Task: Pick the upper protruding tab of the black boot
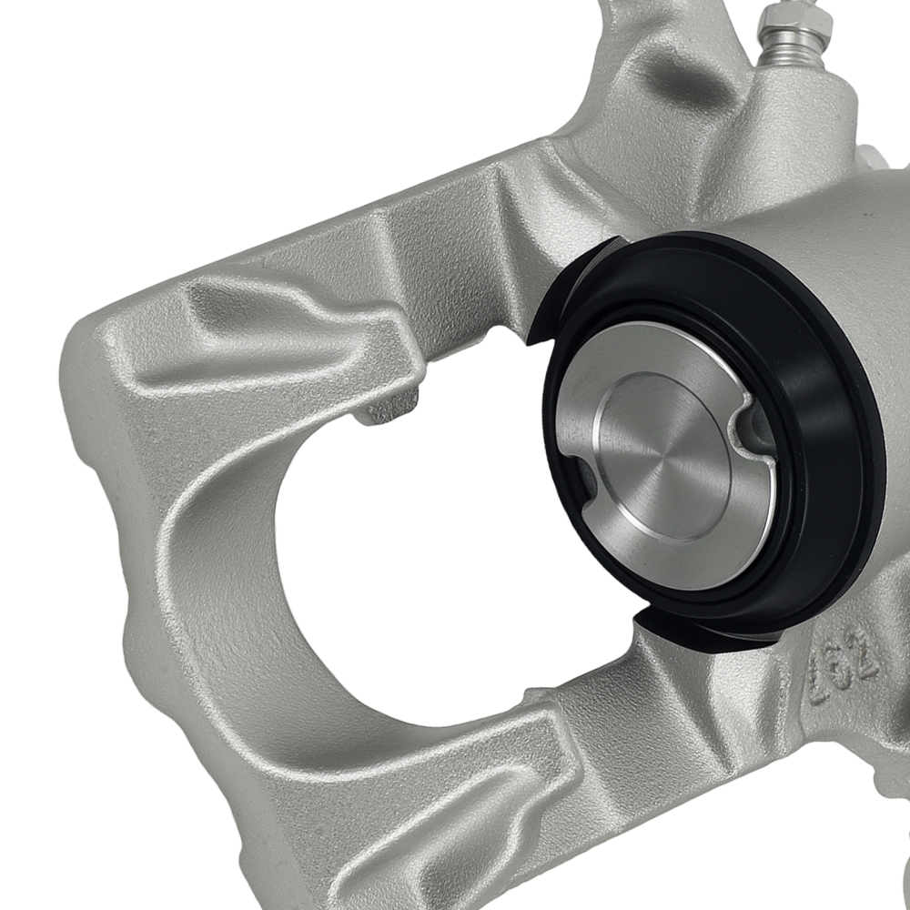click(582, 273)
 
